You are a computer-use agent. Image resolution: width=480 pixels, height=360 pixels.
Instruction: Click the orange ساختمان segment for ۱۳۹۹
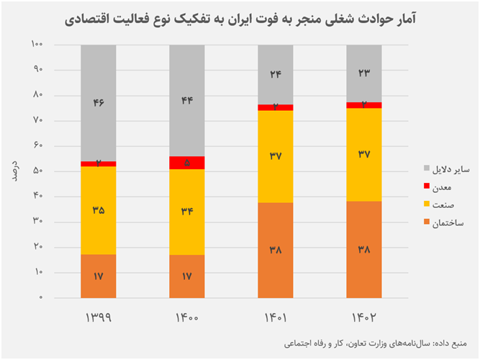99,276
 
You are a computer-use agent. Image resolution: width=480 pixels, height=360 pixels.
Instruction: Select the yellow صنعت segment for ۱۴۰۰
187,212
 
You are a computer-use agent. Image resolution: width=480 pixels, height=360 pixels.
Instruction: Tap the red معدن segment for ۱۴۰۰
187,163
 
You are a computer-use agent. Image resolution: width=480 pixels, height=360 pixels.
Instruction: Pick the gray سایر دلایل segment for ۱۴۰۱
276,74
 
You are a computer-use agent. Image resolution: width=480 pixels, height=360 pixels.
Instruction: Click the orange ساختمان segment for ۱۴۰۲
364,249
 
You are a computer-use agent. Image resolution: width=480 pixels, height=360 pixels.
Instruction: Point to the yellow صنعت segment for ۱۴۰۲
364,154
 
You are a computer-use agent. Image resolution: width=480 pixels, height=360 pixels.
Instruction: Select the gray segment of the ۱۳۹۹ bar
99,103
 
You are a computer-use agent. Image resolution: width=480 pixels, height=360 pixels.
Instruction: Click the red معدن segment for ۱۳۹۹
99,163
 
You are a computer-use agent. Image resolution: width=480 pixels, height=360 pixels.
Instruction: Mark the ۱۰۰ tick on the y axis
37,45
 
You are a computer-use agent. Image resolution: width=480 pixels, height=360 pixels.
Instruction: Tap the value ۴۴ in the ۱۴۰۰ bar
187,101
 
